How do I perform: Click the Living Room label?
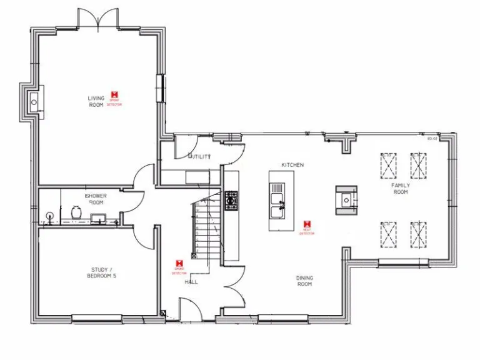[x=96, y=101]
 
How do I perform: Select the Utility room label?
[x=200, y=157]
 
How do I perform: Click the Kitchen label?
[x=292, y=165]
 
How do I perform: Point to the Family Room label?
[x=401, y=189]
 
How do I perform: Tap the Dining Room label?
[x=304, y=281]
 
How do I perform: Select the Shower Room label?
[x=96, y=199]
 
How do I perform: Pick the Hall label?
[x=191, y=282]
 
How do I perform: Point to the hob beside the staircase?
[x=231, y=200]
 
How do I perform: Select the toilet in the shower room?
[x=76, y=214]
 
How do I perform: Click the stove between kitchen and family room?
[x=345, y=199]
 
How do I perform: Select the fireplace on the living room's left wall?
[x=32, y=100]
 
